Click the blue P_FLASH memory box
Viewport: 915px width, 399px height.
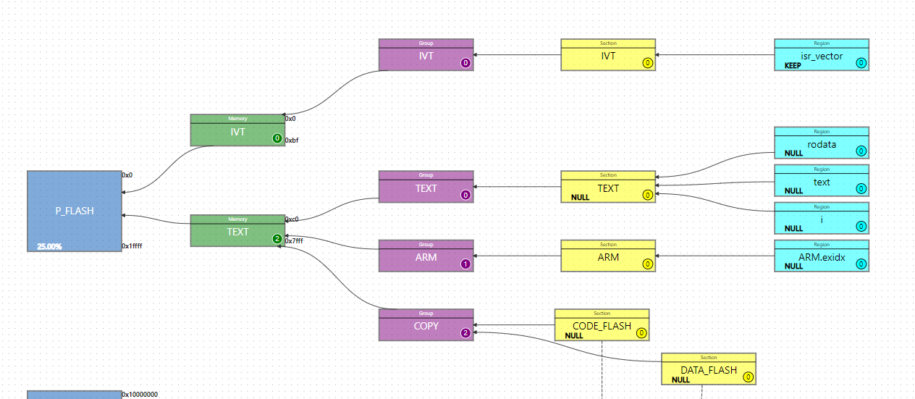click(x=75, y=211)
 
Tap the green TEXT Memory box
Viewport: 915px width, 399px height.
click(x=237, y=232)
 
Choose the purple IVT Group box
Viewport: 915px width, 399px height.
click(x=426, y=56)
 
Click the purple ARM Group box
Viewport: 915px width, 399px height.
click(x=426, y=257)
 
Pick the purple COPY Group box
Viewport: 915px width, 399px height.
click(x=426, y=326)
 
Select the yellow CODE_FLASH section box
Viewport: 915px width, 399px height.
click(x=602, y=327)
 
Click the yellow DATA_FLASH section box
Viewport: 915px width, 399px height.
click(x=708, y=370)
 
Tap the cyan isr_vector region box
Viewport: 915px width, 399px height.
click(x=821, y=56)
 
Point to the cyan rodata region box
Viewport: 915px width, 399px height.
click(x=821, y=144)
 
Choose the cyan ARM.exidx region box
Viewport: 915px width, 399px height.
click(x=821, y=257)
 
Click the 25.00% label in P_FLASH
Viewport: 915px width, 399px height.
click(x=49, y=247)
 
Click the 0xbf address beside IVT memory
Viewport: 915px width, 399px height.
click(x=291, y=140)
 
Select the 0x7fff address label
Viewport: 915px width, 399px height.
click(x=294, y=241)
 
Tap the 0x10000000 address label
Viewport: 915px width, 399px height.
click(x=140, y=395)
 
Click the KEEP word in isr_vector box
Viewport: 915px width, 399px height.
click(x=793, y=65)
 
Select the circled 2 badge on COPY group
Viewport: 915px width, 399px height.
click(x=465, y=333)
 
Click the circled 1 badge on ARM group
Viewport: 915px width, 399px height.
click(x=465, y=264)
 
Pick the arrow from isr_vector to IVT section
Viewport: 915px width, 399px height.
click(x=714, y=55)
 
